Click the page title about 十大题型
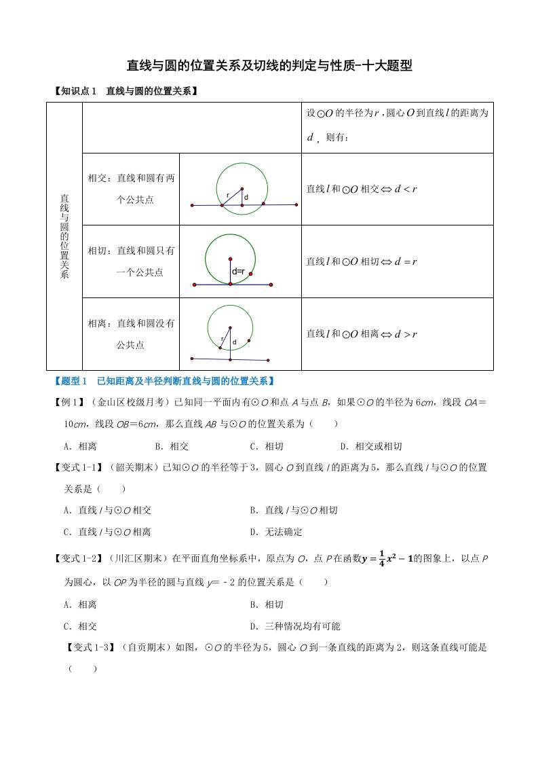pos(269,66)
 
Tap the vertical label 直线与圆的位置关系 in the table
pos(64,236)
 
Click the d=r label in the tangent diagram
pos(237,272)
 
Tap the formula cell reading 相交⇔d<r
pos(362,189)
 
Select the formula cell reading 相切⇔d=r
pos(362,261)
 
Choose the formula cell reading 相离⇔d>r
pos(362,333)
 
